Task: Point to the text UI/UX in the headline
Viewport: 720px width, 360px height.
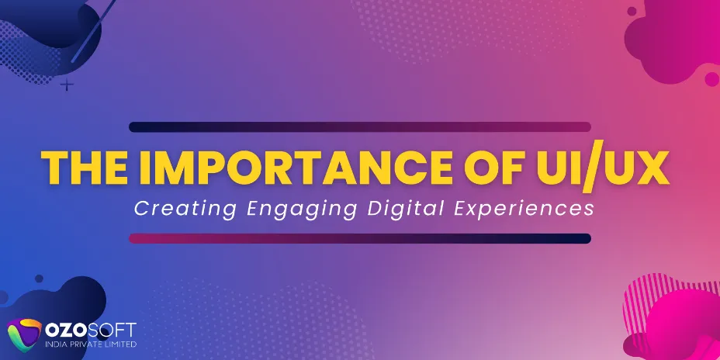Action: pyautogui.click(x=596, y=167)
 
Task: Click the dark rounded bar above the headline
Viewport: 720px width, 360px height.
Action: pyautogui.click(x=360, y=126)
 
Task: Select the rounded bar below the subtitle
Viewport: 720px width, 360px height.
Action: pyautogui.click(x=360, y=239)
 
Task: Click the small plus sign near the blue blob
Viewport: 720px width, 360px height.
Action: pyautogui.click(x=68, y=83)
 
